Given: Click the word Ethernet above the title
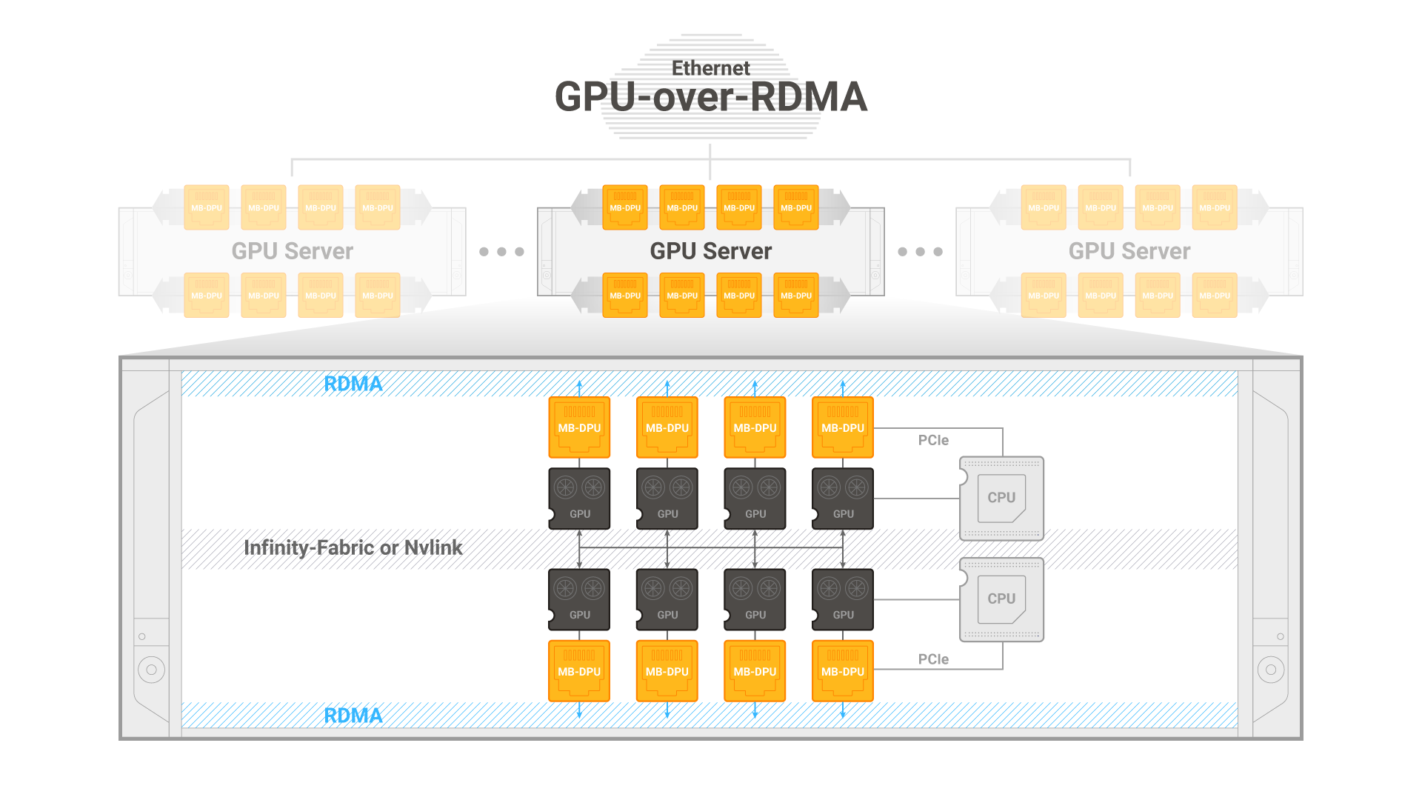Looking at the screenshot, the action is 710,68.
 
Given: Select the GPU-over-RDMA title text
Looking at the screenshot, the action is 711,97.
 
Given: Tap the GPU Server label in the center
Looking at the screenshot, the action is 711,251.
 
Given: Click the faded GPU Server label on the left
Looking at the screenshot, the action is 293,251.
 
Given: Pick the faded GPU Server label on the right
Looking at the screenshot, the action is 1129,251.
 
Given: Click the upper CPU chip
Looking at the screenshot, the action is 1001,498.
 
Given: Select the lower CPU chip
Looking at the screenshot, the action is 1001,599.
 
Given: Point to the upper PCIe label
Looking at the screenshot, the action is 933,440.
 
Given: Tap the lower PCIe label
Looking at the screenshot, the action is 933,659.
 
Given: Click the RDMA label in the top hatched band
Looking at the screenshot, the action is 353,384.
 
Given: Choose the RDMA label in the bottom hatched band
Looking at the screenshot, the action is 353,716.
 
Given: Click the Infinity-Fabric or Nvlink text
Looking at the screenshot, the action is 353,547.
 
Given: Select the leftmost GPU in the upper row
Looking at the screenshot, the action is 579,499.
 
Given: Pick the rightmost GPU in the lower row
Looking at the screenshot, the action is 843,599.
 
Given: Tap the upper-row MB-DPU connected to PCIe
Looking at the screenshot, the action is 843,427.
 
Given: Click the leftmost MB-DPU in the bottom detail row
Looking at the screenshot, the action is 579,671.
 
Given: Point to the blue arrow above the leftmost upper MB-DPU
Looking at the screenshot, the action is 579,389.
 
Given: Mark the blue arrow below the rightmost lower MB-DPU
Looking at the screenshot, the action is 843,710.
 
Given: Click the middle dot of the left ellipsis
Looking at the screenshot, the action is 501,252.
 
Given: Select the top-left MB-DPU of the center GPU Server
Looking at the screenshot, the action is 625,207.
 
